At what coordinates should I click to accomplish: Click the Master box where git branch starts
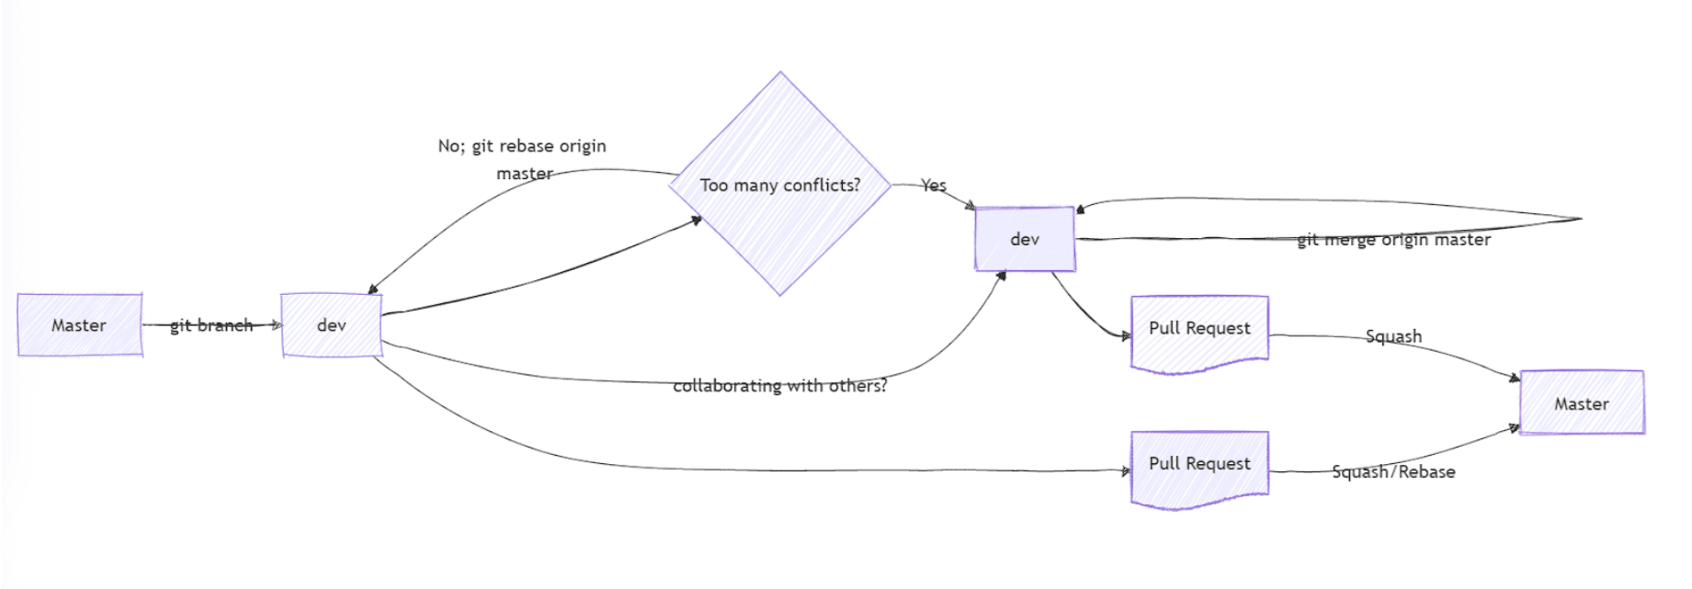[79, 325]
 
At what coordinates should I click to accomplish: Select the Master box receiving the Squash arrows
[1582, 402]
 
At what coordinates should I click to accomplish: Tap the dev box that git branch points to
[331, 325]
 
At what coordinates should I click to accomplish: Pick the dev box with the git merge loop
[1025, 239]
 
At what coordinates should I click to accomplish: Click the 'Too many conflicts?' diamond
[780, 184]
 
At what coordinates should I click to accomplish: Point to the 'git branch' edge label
[211, 325]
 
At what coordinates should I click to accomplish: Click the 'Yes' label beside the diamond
[934, 186]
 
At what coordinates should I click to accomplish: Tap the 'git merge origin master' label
[1393, 240]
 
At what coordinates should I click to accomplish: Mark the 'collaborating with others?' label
[780, 386]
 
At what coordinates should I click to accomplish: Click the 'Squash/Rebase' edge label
[1393, 472]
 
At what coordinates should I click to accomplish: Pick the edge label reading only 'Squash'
[1393, 336]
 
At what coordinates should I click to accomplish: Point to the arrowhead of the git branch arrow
[276, 324]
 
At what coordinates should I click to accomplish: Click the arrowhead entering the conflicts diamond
[696, 220]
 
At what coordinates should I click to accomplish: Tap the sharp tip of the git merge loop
[1580, 219]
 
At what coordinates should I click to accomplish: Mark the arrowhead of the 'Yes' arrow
[970, 207]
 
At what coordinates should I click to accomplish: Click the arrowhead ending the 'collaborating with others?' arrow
[1002, 276]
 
